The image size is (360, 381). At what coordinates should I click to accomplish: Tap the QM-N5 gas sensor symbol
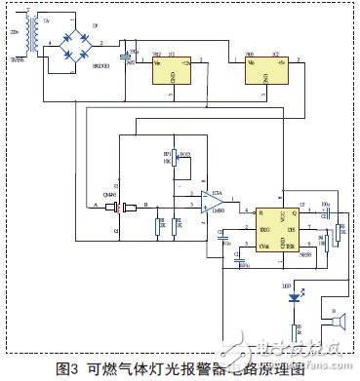pyautogui.click(x=118, y=207)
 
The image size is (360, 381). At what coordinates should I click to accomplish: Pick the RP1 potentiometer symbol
pyautogui.click(x=173, y=162)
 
